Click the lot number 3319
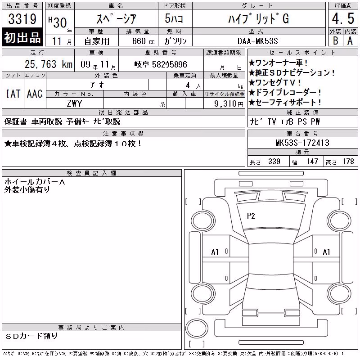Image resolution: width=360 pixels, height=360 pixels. click(22, 18)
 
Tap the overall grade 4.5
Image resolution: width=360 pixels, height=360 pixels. click(343, 18)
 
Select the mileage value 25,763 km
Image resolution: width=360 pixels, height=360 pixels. click(49, 64)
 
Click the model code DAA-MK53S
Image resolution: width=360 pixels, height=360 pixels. click(257, 41)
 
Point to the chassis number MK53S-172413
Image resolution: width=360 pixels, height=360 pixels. click(302, 143)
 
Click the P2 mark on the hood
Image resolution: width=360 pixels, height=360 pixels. click(251, 216)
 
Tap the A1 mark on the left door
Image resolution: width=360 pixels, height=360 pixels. click(215, 252)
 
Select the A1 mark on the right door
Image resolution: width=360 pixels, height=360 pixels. click(326, 252)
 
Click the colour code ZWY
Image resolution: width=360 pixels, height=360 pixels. click(74, 103)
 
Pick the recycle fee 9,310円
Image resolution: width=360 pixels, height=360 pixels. click(229, 104)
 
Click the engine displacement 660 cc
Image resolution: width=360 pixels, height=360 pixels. click(143, 41)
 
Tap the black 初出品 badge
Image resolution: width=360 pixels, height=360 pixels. click(22, 37)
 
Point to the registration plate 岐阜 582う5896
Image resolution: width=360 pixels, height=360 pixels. click(161, 64)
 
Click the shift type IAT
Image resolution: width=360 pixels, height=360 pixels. click(13, 94)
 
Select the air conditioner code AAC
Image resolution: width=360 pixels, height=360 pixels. click(35, 94)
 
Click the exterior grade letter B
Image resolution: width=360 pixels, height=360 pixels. click(335, 41)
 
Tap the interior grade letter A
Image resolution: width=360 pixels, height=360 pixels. click(350, 41)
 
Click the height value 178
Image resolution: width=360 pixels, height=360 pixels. click(348, 162)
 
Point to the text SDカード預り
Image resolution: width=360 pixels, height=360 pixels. click(31, 336)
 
